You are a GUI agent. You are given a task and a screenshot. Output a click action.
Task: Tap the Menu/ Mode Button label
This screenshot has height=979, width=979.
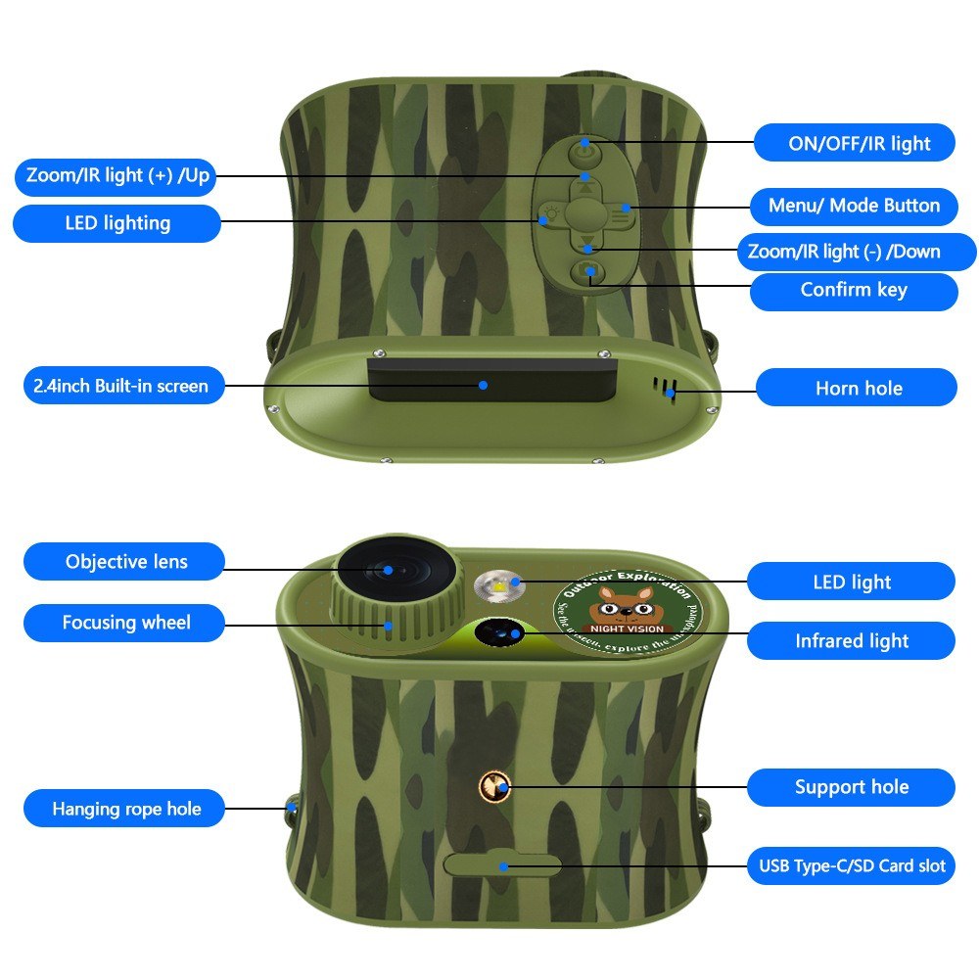pyautogui.click(x=854, y=207)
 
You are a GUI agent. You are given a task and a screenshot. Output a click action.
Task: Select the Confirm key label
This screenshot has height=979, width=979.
pyautogui.click(x=854, y=291)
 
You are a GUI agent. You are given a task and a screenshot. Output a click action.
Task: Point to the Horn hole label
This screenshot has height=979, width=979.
pyautogui.click(x=857, y=389)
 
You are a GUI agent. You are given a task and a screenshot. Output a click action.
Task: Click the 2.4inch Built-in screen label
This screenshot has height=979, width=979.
pyautogui.click(x=117, y=386)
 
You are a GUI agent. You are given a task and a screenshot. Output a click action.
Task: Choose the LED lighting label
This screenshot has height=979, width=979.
pyautogui.click(x=117, y=223)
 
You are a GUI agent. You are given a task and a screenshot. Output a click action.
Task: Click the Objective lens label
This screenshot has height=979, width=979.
pyautogui.click(x=125, y=562)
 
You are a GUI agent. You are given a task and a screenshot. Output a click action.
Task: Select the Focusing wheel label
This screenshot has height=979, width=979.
pyautogui.click(x=125, y=623)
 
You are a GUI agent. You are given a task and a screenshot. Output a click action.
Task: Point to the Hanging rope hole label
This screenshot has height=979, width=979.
pyautogui.click(x=125, y=810)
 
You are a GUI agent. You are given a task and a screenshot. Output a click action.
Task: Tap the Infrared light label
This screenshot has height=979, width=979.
pyautogui.click(x=851, y=641)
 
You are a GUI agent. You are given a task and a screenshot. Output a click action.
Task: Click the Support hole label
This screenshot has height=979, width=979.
pyautogui.click(x=851, y=787)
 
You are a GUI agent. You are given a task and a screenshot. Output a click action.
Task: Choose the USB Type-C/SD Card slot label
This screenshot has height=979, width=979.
pyautogui.click(x=851, y=866)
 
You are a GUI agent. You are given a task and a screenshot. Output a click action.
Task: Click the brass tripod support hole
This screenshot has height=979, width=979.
pyautogui.click(x=494, y=784)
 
